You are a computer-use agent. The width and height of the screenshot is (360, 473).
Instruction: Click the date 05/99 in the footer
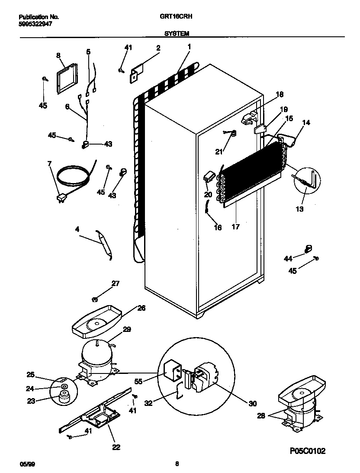pos(27,464)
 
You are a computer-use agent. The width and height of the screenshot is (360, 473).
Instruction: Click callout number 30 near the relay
pos(252,403)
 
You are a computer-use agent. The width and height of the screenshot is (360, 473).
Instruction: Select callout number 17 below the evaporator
pos(236,225)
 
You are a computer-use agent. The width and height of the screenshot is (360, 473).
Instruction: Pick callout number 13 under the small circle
pos(299,209)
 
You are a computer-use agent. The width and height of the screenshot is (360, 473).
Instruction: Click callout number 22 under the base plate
pos(116,447)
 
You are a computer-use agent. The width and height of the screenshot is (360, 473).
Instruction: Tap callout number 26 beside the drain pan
pos(141,308)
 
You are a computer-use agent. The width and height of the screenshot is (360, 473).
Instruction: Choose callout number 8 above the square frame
pos(58,55)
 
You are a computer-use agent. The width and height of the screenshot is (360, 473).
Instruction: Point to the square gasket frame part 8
pos(66,79)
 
